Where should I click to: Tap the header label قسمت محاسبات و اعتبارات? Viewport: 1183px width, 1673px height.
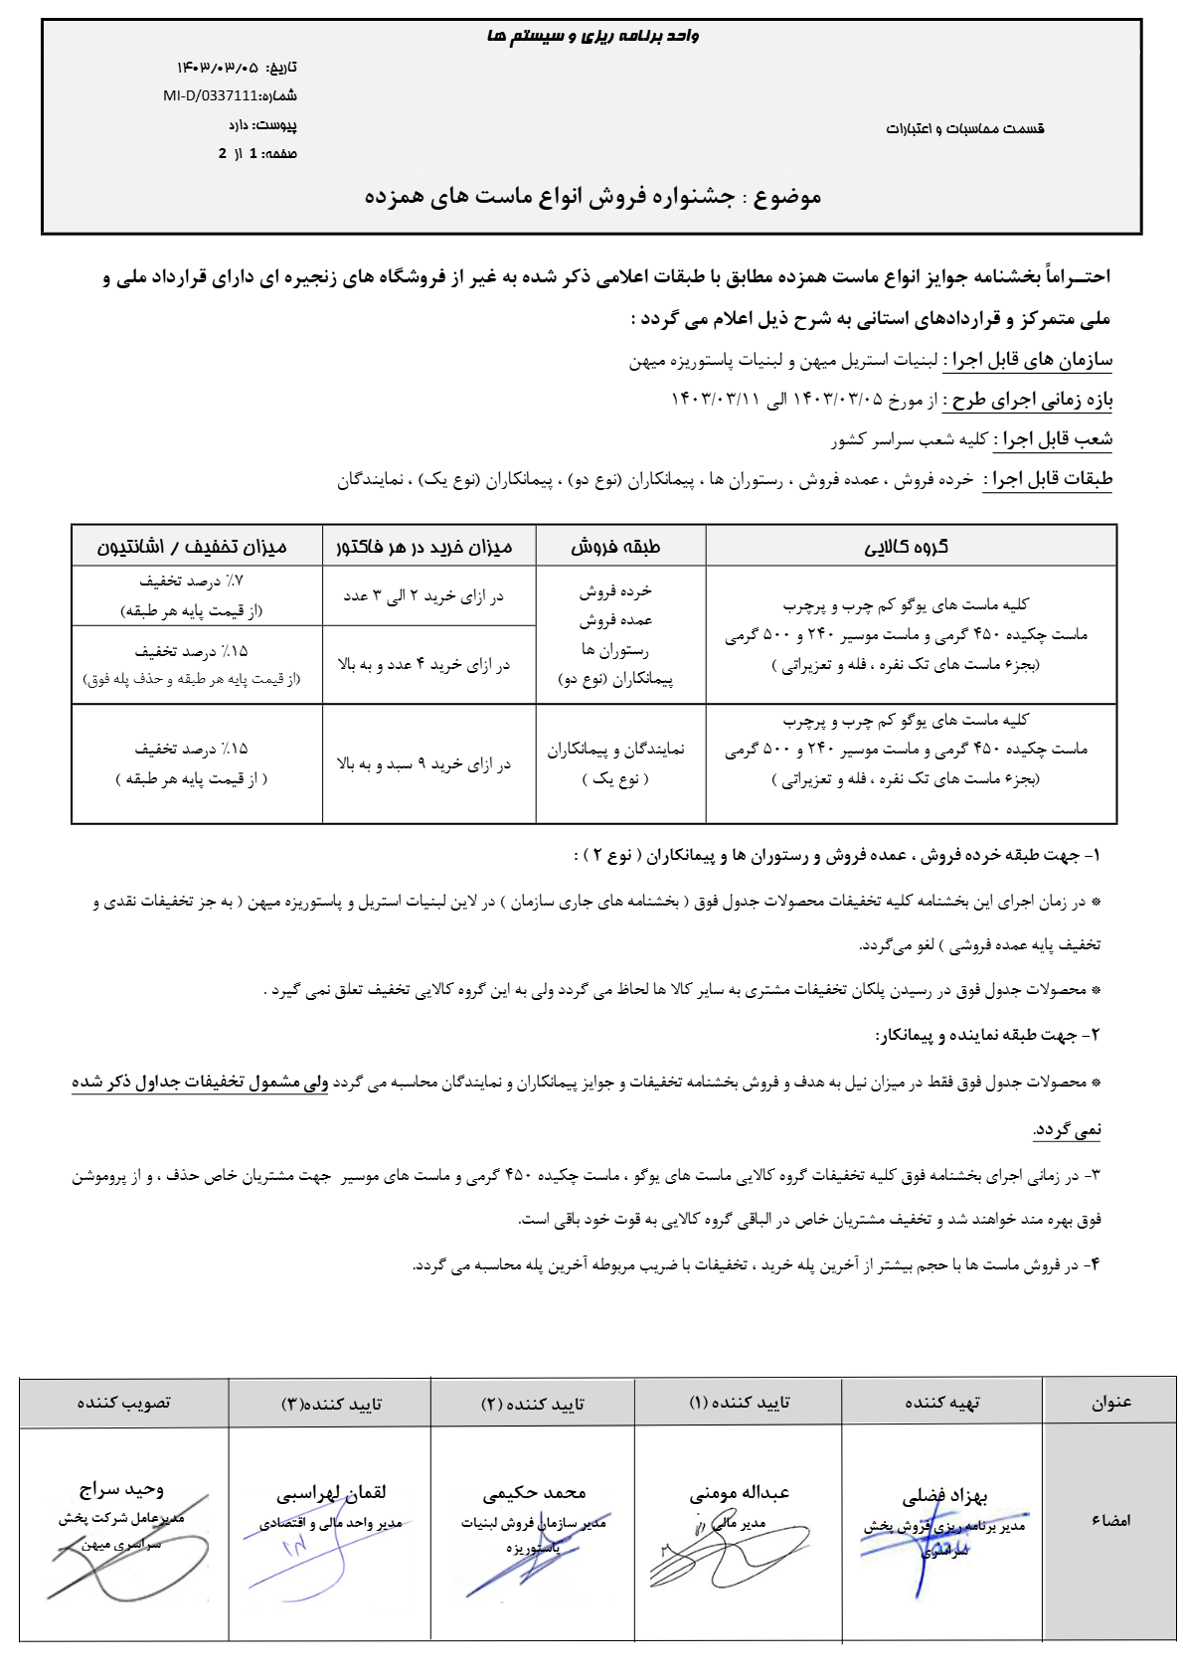click(964, 128)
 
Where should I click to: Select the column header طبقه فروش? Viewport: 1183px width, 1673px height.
click(615, 547)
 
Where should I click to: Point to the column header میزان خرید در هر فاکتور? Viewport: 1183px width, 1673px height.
click(424, 547)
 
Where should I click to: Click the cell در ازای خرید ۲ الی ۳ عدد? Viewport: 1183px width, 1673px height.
click(423, 595)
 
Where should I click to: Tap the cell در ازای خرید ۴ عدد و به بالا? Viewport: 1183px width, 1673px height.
click(423, 664)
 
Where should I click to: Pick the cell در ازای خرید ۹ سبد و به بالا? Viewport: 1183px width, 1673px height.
click(423, 763)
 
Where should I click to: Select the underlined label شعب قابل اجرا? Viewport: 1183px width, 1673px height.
click(1053, 439)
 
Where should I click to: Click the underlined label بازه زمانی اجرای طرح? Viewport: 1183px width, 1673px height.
click(1032, 400)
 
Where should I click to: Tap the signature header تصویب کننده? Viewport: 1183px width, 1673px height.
click(124, 1403)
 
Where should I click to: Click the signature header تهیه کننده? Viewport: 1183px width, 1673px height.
click(942, 1403)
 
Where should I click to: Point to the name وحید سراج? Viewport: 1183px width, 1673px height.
click(121, 1489)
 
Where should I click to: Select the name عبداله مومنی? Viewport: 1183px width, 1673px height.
click(739, 1492)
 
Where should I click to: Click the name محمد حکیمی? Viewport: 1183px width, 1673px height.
click(534, 1492)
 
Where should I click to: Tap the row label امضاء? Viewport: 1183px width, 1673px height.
click(1110, 1521)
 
